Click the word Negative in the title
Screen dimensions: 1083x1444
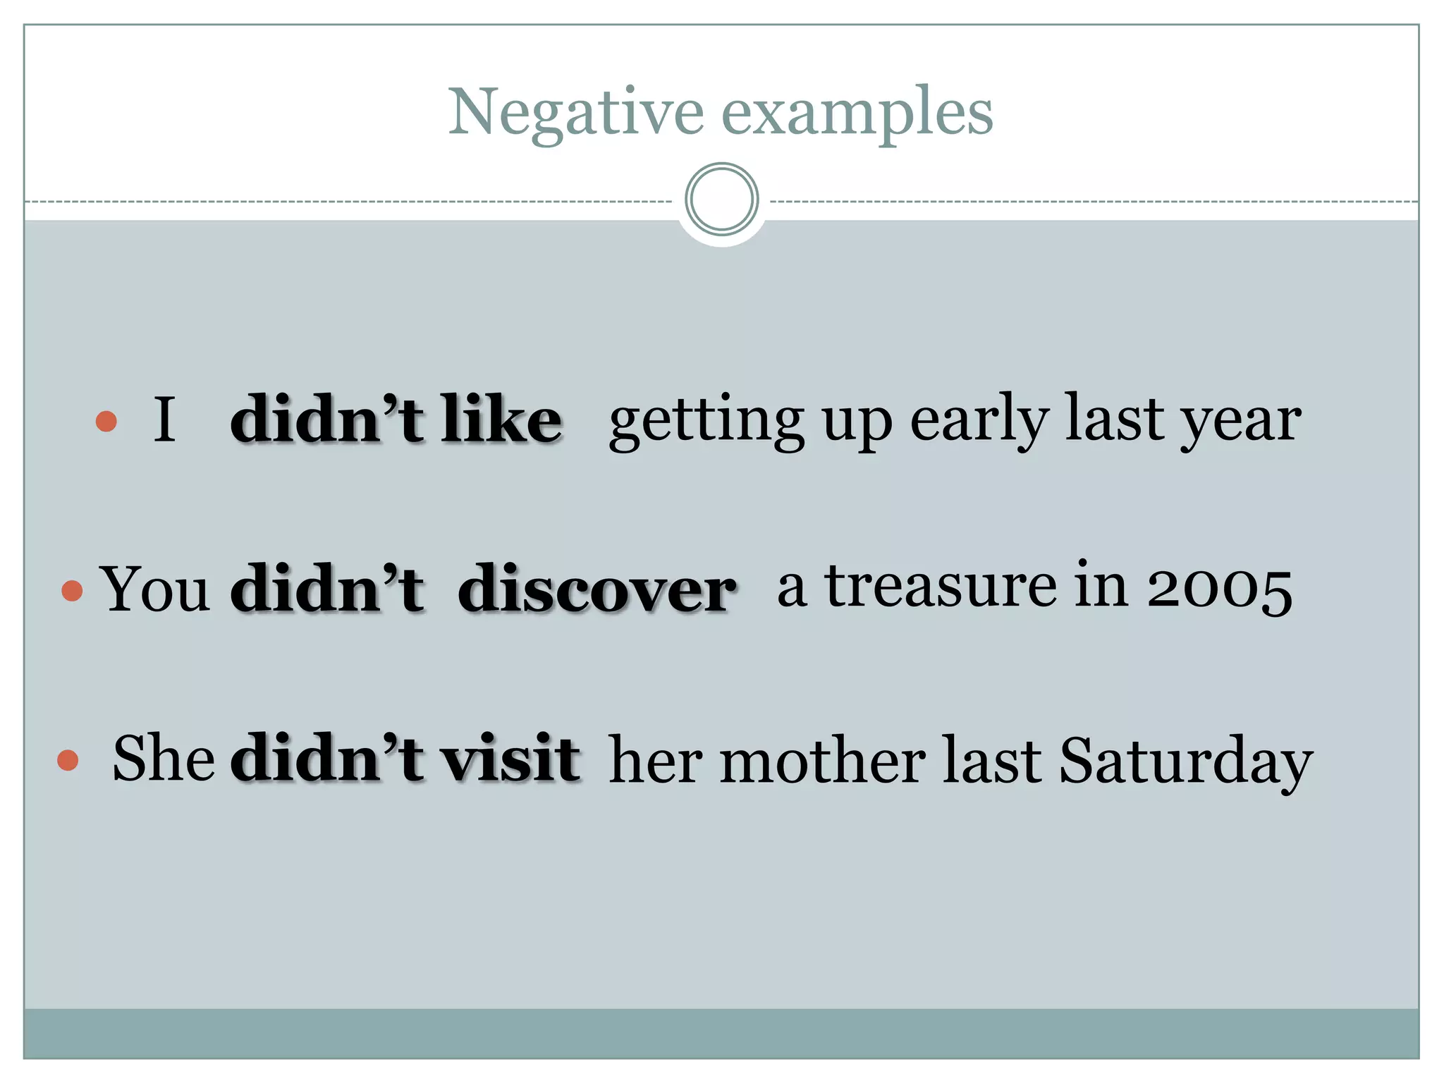575,113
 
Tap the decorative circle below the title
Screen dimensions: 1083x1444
721,200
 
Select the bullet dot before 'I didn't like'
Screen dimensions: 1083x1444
106,421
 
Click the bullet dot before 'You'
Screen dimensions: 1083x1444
72,590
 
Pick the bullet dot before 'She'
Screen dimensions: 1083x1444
68,760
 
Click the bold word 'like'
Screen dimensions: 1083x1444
501,420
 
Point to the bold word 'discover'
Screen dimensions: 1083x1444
596,589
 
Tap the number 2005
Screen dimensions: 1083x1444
1219,588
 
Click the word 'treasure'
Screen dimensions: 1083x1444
941,587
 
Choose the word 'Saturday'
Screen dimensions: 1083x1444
1185,761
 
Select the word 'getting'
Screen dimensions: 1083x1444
706,422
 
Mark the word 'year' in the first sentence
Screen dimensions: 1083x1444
1241,422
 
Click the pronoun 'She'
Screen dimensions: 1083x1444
164,759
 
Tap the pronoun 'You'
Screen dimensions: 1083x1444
155,589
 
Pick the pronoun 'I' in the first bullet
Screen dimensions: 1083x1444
164,420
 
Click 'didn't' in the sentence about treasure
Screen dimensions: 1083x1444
327,589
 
